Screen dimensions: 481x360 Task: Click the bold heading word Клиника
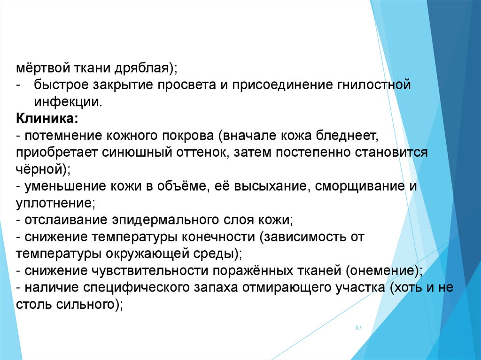tap(45, 119)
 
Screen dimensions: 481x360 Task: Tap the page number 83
tap(358, 328)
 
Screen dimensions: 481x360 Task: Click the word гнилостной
tap(374, 85)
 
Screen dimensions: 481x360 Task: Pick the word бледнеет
tap(346, 136)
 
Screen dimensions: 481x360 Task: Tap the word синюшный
tap(137, 153)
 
